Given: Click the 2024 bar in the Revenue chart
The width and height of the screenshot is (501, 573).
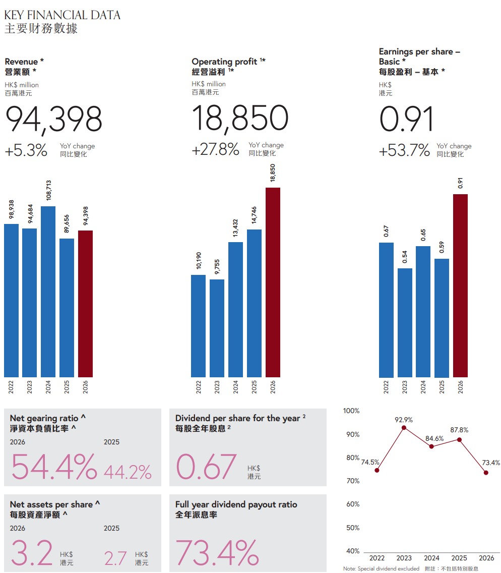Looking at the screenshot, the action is [48, 292].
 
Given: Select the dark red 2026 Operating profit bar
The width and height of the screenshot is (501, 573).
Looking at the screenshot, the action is [273, 282].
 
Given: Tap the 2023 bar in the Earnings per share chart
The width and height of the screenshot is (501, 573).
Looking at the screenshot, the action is [405, 323].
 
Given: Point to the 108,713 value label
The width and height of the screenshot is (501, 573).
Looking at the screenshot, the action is [48, 190].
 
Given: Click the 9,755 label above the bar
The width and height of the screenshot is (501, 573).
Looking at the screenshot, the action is [217, 267].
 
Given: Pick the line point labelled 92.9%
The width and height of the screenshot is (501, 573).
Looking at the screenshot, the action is [404, 428].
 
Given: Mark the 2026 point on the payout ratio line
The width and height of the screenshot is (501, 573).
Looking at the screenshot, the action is [486, 473].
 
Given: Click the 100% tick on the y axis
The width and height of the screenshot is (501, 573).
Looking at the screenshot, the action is [351, 411].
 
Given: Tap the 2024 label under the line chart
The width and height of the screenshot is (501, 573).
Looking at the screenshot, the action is [431, 558].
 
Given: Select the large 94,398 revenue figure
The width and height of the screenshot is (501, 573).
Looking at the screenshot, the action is [53, 119].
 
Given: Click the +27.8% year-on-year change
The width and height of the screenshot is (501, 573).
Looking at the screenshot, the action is [215, 149].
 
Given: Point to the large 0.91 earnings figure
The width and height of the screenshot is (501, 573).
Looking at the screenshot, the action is [406, 119].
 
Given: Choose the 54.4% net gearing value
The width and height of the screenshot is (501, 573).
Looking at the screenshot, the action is [54, 466].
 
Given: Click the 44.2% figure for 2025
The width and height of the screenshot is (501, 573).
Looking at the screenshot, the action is [128, 472].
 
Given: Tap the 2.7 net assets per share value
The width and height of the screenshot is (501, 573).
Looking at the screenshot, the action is [115, 558].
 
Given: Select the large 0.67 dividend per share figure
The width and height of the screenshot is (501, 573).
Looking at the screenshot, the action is [206, 466].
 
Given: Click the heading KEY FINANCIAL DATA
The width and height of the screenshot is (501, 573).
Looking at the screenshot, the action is [62, 15].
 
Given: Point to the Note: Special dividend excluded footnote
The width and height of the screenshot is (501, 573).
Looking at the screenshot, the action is [381, 568].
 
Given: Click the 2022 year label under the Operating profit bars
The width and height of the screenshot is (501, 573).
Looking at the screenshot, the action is [198, 387].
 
